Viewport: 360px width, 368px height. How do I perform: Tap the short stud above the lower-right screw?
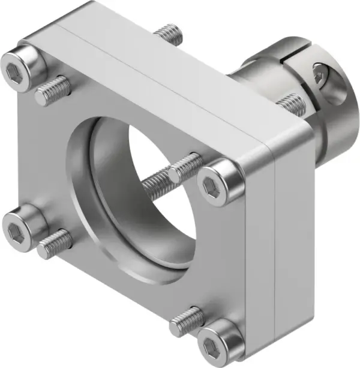(x=185, y=321)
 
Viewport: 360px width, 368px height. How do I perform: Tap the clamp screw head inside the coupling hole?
(x=322, y=76)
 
